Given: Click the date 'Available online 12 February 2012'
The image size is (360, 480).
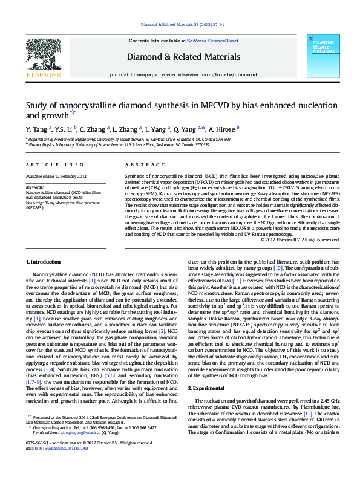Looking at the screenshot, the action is click(x=56, y=176).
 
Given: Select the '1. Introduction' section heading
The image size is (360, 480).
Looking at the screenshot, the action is click(x=45, y=261).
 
